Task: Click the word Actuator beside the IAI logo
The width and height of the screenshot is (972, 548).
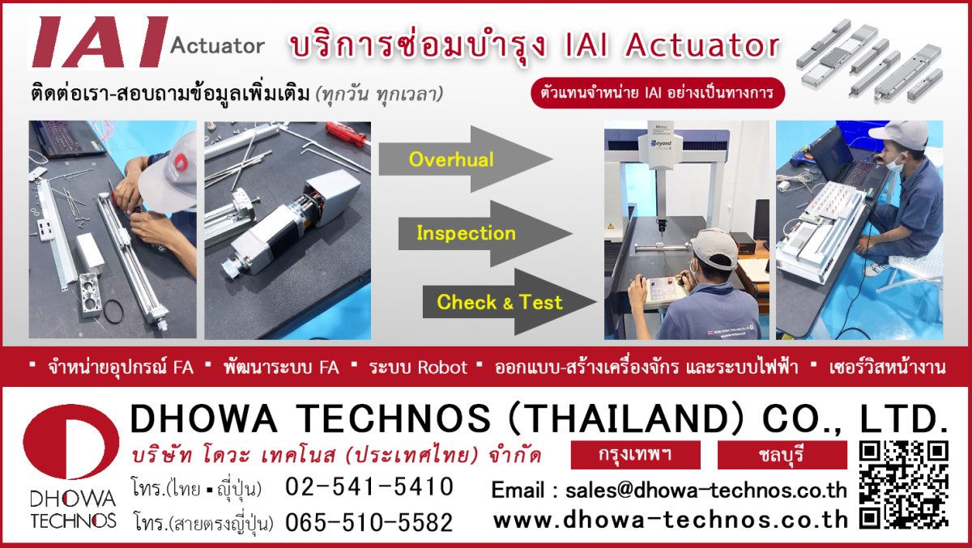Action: click(217, 45)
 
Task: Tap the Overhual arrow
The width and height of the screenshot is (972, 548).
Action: click(463, 159)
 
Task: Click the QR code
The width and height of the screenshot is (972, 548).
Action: click(903, 484)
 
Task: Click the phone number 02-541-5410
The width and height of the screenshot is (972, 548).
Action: click(369, 486)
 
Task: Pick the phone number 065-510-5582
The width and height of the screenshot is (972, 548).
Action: click(369, 523)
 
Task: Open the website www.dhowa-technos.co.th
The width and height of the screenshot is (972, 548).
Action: click(671, 520)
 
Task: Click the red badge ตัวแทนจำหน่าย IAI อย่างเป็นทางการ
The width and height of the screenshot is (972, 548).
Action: click(658, 93)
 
